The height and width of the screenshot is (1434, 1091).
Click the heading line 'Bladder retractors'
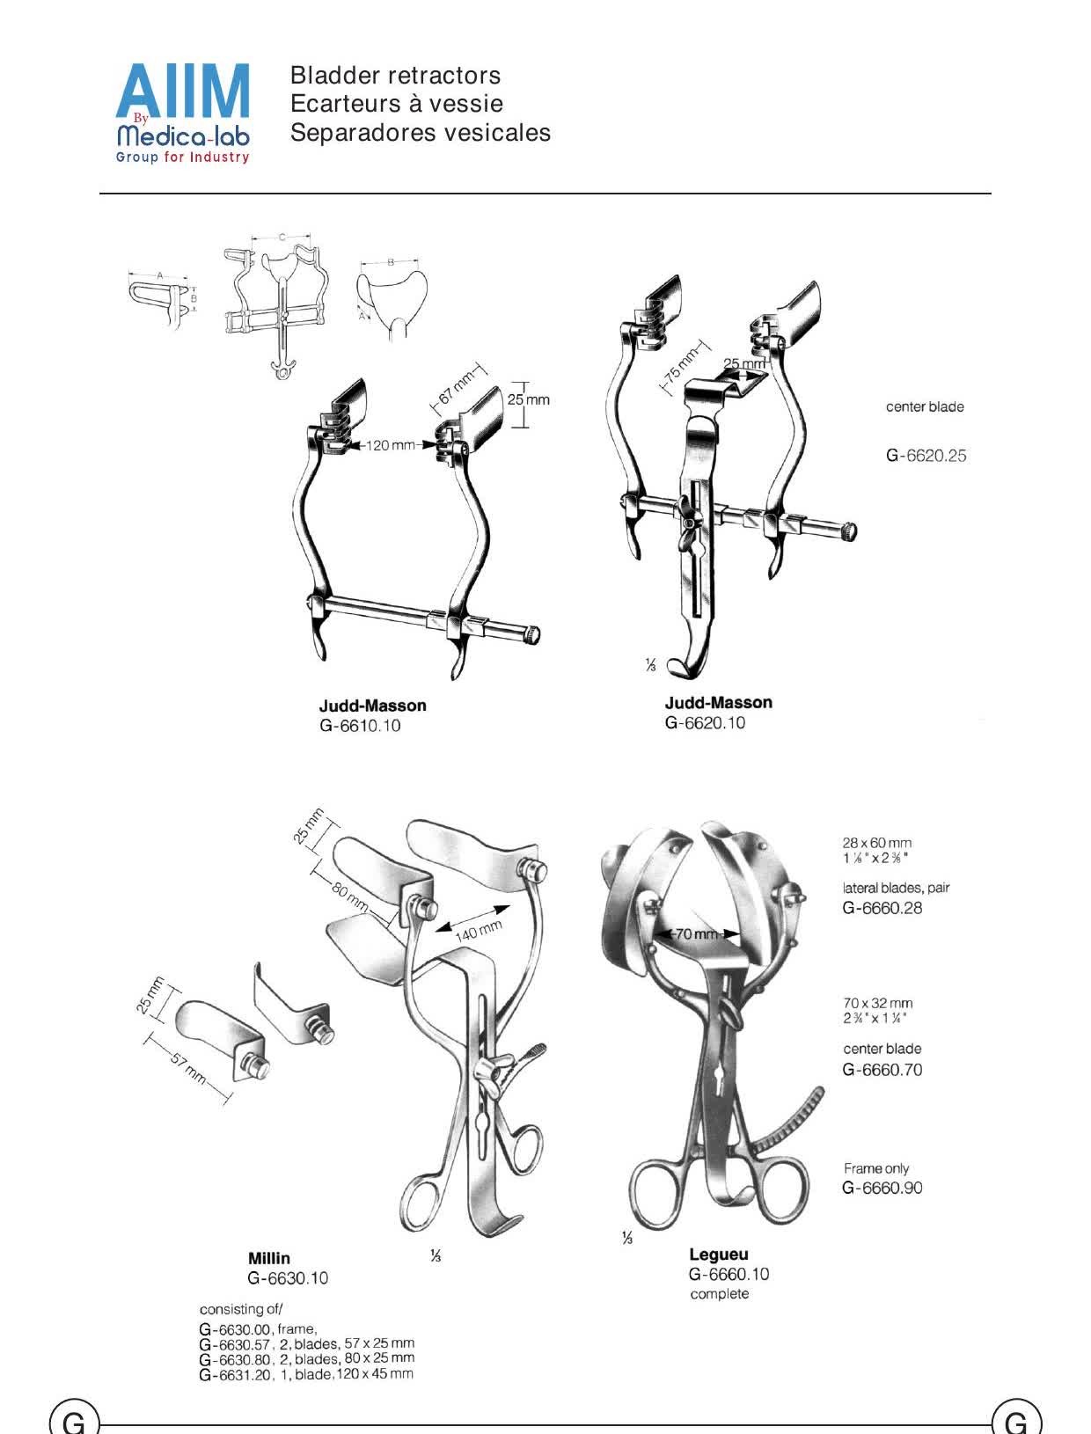click(395, 75)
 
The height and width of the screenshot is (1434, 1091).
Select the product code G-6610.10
click(360, 726)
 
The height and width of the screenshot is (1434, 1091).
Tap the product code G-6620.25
click(926, 456)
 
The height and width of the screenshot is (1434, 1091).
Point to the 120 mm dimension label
click(391, 445)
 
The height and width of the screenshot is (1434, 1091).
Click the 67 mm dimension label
click(456, 388)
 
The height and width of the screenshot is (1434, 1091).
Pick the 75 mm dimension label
click(681, 365)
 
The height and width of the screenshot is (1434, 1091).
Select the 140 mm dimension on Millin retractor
click(479, 930)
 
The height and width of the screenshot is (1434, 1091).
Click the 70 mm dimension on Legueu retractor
click(697, 933)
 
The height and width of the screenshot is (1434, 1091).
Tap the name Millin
click(269, 1257)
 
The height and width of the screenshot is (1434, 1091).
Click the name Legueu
click(719, 1254)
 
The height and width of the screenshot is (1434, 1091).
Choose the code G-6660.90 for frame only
click(882, 1187)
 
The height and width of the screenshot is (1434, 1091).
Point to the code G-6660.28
click(882, 907)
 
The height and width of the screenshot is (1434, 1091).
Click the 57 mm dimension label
click(189, 1070)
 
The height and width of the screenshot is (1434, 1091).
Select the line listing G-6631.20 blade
click(305, 1374)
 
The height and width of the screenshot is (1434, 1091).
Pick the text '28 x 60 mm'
click(876, 843)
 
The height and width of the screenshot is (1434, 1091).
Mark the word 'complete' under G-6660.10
click(720, 1293)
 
